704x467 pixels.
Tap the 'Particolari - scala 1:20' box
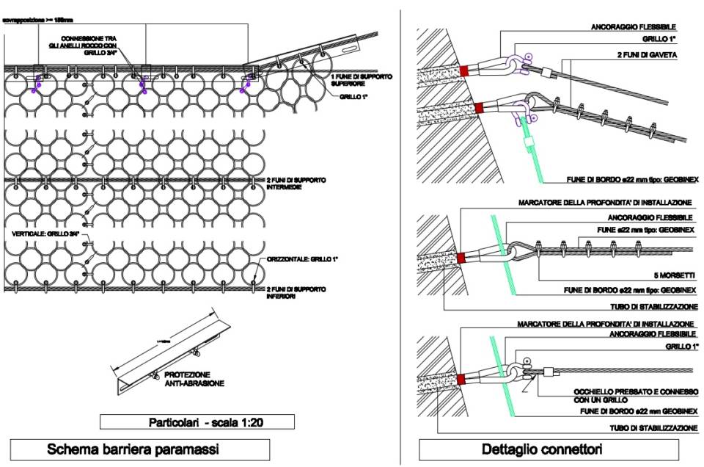[x=196, y=421]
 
